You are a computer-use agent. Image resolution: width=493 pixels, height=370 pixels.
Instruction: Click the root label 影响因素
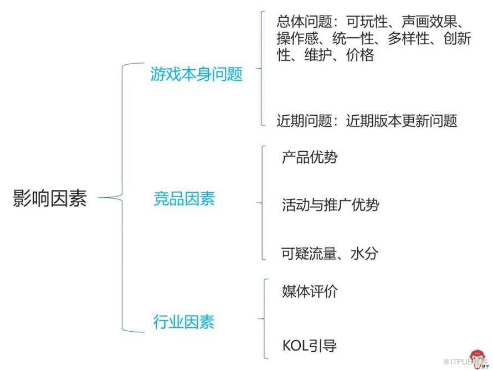[x=50, y=198]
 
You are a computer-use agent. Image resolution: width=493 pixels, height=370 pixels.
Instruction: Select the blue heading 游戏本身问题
[x=197, y=74]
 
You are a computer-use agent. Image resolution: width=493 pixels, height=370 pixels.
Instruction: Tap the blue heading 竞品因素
[x=184, y=199]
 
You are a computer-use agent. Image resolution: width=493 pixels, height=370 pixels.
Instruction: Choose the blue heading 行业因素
[x=184, y=322]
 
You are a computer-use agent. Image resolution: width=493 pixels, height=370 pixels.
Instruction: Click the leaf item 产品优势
[x=310, y=157]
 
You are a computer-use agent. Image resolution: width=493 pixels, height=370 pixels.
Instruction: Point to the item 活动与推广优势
[x=331, y=205]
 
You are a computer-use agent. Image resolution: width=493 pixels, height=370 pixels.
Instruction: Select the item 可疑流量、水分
[x=330, y=253]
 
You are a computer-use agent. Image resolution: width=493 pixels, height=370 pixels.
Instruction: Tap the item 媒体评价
[x=310, y=291]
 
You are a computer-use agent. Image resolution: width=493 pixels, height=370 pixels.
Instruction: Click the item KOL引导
[x=310, y=346]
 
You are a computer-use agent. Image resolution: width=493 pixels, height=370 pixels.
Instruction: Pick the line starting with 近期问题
[x=367, y=121]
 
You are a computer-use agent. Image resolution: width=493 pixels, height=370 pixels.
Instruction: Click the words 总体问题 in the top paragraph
[x=304, y=22]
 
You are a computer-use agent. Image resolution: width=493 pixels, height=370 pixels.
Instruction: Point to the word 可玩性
[x=367, y=22]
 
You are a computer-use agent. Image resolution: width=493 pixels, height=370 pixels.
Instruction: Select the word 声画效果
[x=429, y=22]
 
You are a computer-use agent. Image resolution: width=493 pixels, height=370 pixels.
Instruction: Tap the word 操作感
[x=297, y=38]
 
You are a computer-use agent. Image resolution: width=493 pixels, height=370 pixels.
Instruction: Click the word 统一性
[x=353, y=38]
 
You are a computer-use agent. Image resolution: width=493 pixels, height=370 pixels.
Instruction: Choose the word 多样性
[x=409, y=38]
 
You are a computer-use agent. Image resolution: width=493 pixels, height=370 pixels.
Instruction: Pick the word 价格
[x=360, y=55]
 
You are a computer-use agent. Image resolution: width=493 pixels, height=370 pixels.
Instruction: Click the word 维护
[x=319, y=55]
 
